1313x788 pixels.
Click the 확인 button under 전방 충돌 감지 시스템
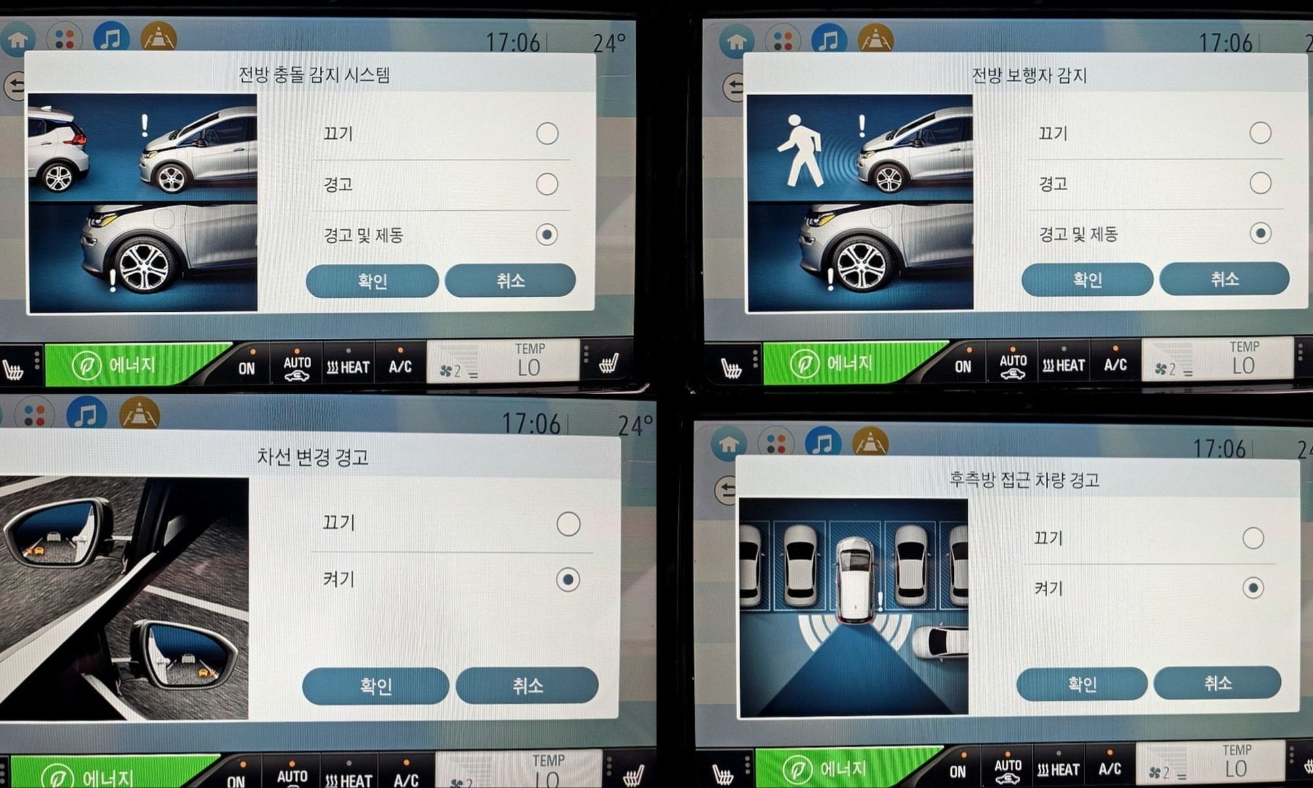tap(372, 281)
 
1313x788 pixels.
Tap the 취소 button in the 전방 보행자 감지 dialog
tap(1224, 279)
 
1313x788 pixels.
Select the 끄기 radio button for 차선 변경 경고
tap(568, 524)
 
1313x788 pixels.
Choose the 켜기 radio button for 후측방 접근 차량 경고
tap(1253, 588)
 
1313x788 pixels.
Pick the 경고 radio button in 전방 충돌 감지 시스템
tap(547, 184)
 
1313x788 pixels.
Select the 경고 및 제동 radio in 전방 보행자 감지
tap(1260, 233)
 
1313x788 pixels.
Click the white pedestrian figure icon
tap(800, 151)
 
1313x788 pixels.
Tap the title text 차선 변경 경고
tap(312, 456)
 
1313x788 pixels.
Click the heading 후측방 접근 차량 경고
tap(1024, 480)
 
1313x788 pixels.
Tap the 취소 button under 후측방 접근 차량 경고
tap(1217, 684)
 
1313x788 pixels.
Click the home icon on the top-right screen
tap(737, 41)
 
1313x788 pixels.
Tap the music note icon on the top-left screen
tap(111, 38)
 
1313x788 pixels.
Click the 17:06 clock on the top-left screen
tap(513, 43)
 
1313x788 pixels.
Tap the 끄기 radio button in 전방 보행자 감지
tap(1260, 133)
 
